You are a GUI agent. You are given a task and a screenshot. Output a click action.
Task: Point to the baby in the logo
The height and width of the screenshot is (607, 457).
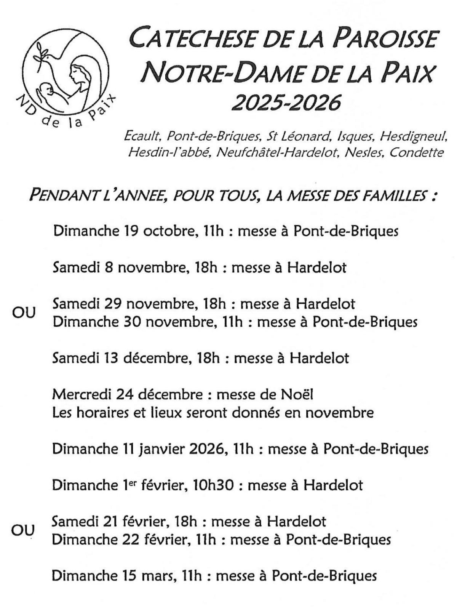pos(47,92)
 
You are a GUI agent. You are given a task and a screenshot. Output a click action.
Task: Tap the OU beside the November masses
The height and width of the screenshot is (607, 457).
pos(24,313)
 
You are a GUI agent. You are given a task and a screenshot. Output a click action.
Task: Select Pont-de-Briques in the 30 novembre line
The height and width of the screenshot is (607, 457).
pos(365,322)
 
